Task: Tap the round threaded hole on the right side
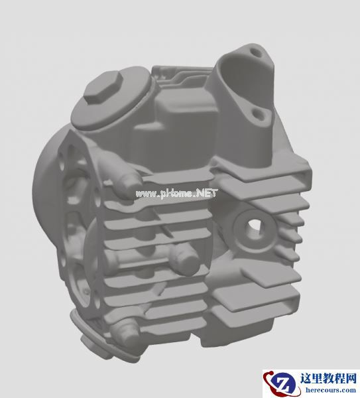click(x=253, y=227)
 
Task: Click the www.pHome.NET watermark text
click(x=176, y=194)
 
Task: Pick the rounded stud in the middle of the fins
click(x=184, y=259)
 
